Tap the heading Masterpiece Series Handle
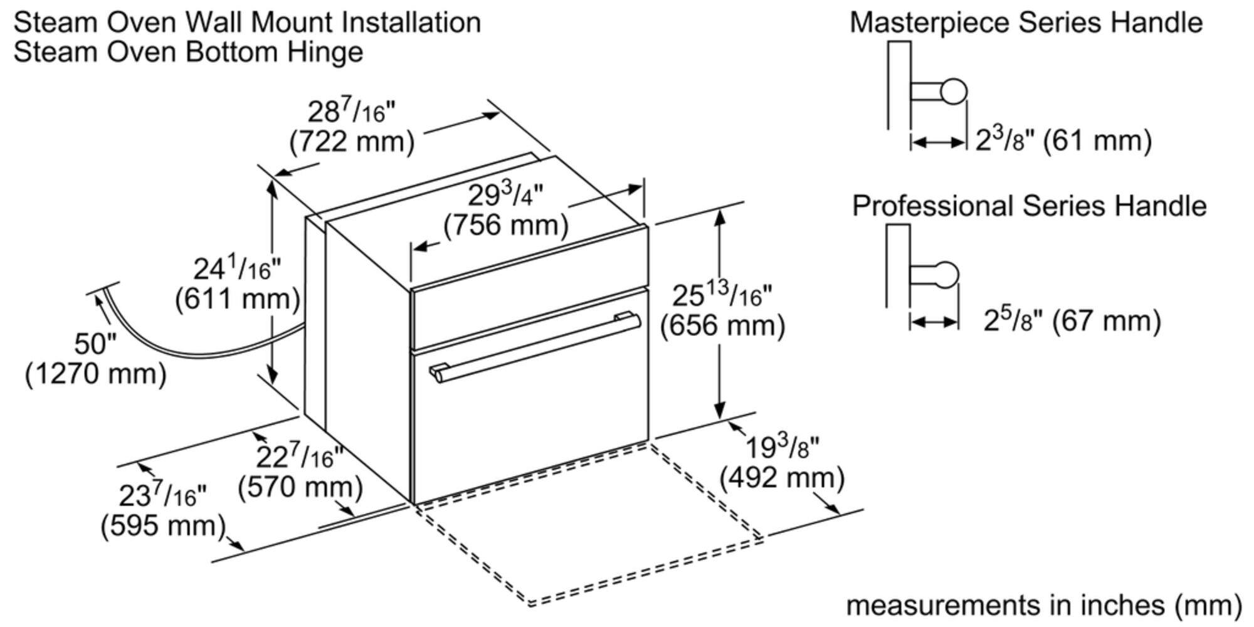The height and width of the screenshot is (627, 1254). coord(1026,23)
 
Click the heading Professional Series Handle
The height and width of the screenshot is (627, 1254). coord(1029,206)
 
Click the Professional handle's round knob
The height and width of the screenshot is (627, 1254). coord(946,274)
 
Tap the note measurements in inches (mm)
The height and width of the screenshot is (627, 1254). coord(1044,605)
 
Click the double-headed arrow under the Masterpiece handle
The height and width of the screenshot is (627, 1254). coord(938,143)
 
